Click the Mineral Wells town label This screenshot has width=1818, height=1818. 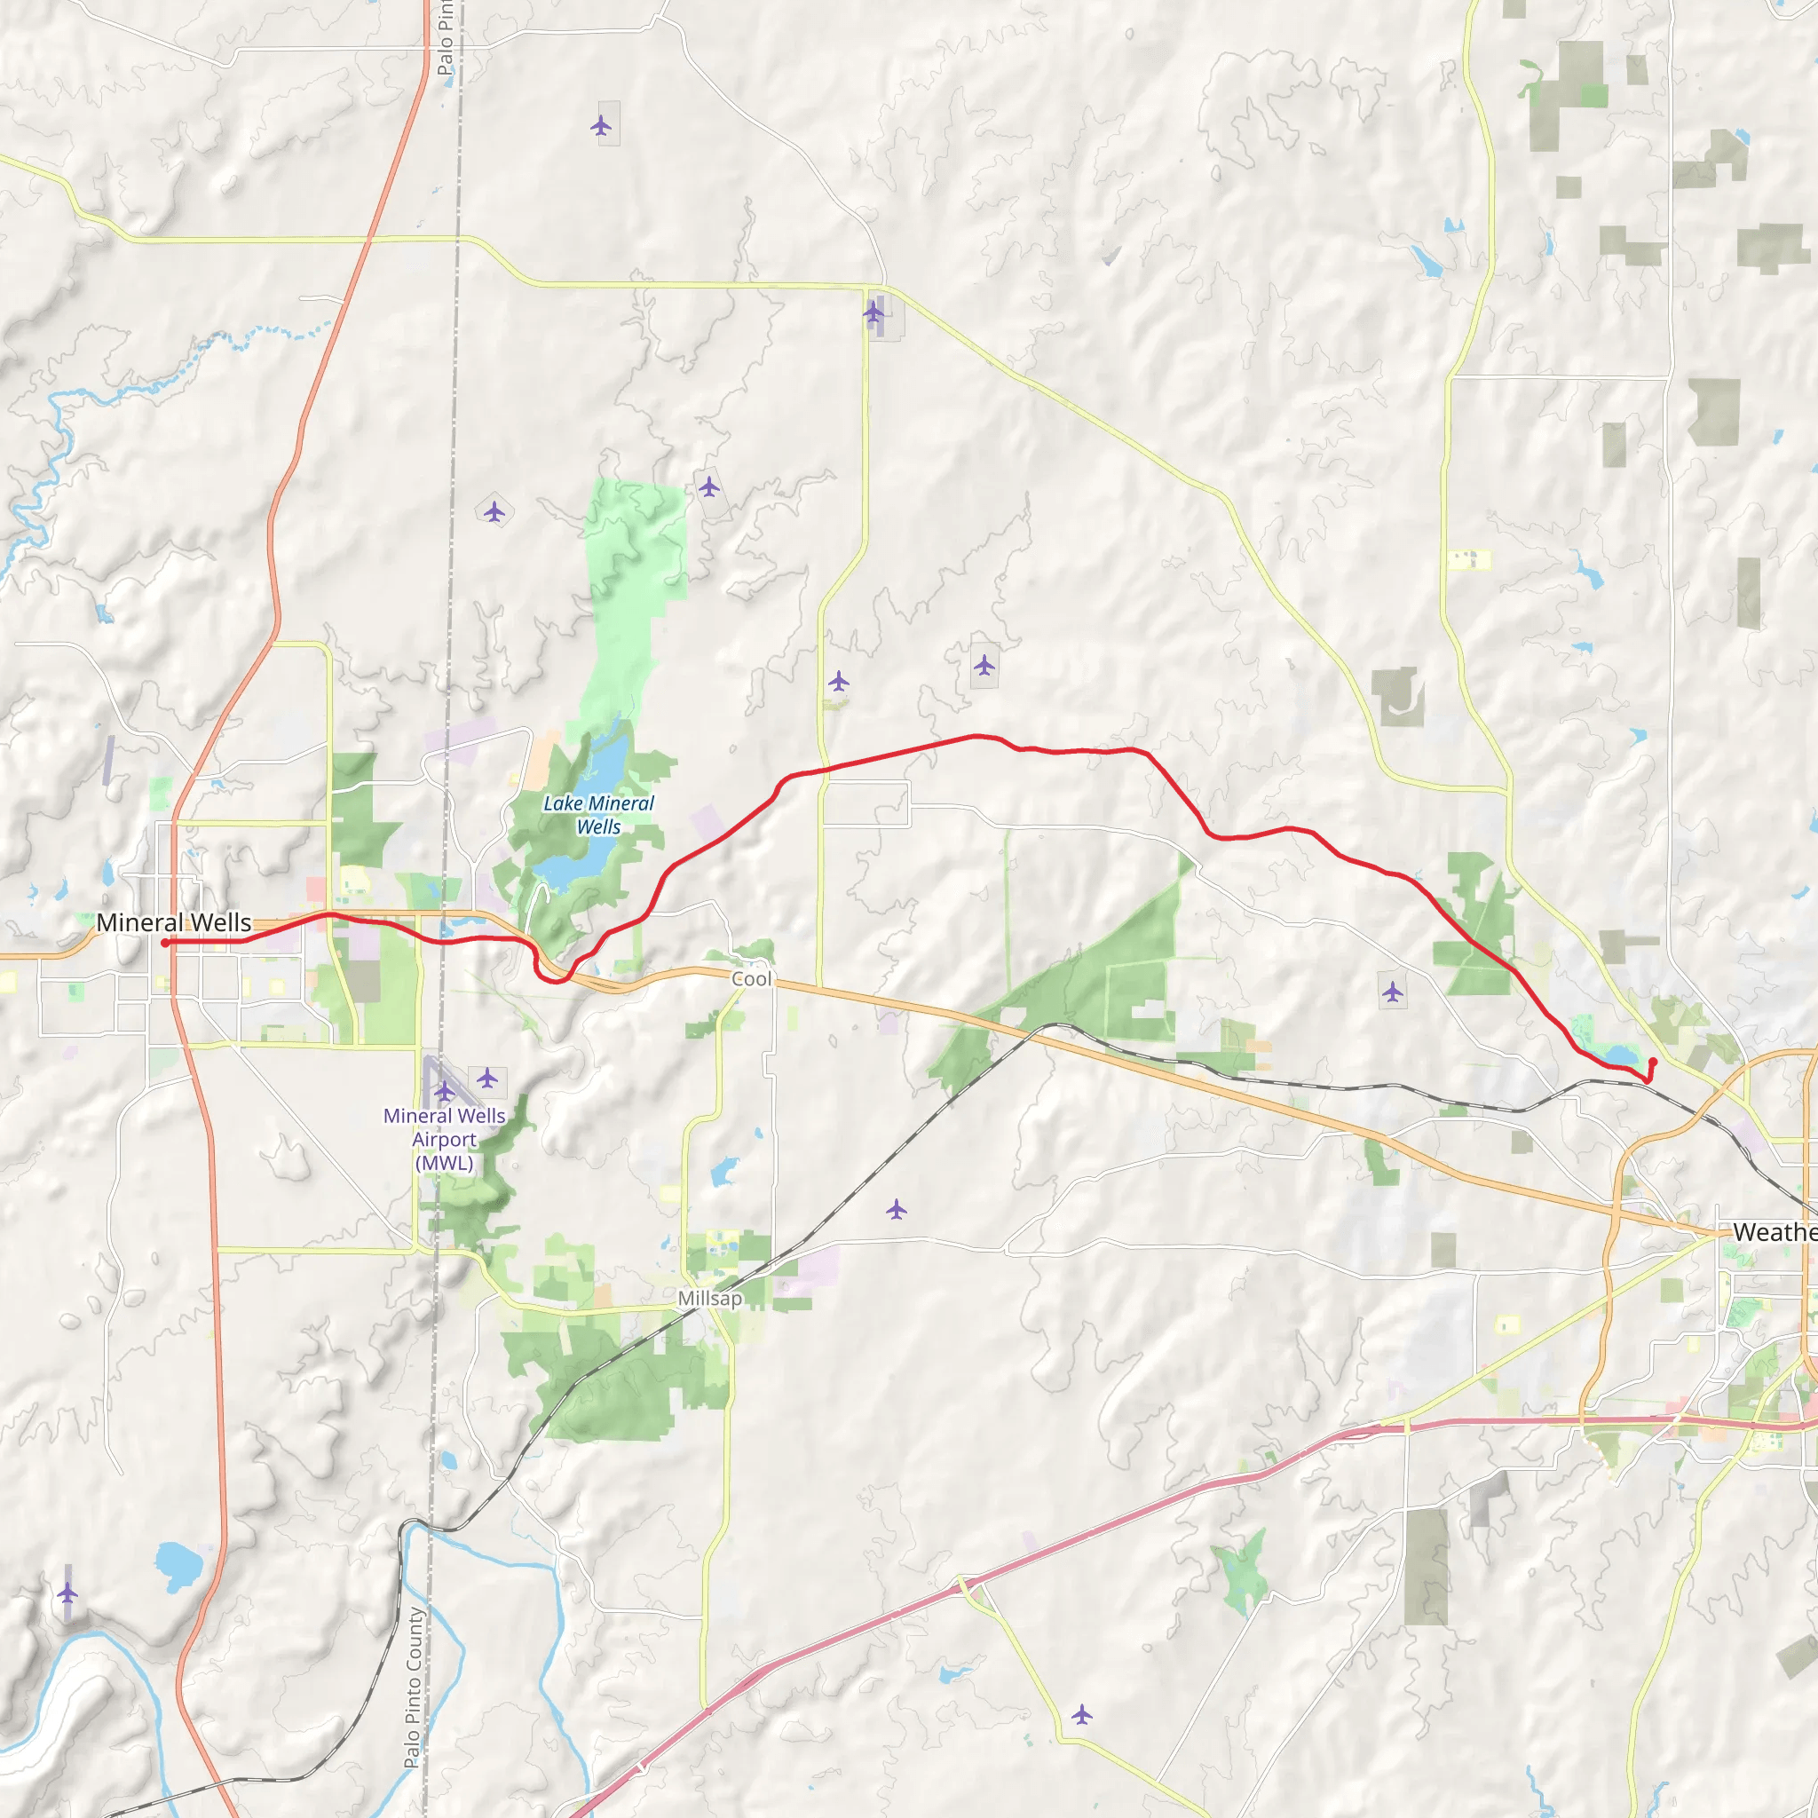174,922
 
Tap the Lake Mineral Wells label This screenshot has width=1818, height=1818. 598,815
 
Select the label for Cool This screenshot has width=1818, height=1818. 751,978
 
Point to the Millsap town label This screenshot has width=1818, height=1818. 710,1299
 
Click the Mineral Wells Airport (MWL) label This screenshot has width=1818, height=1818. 444,1140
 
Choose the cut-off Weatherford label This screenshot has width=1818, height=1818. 1774,1232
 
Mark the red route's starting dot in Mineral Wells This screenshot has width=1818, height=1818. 165,943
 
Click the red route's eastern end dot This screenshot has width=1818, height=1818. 1653,1062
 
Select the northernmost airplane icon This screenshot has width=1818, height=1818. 601,125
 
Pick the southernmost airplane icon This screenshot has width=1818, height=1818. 1082,1713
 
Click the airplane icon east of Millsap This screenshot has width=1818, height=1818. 897,1209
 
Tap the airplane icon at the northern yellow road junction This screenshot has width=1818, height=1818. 874,312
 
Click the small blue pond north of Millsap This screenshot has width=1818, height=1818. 723,1173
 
